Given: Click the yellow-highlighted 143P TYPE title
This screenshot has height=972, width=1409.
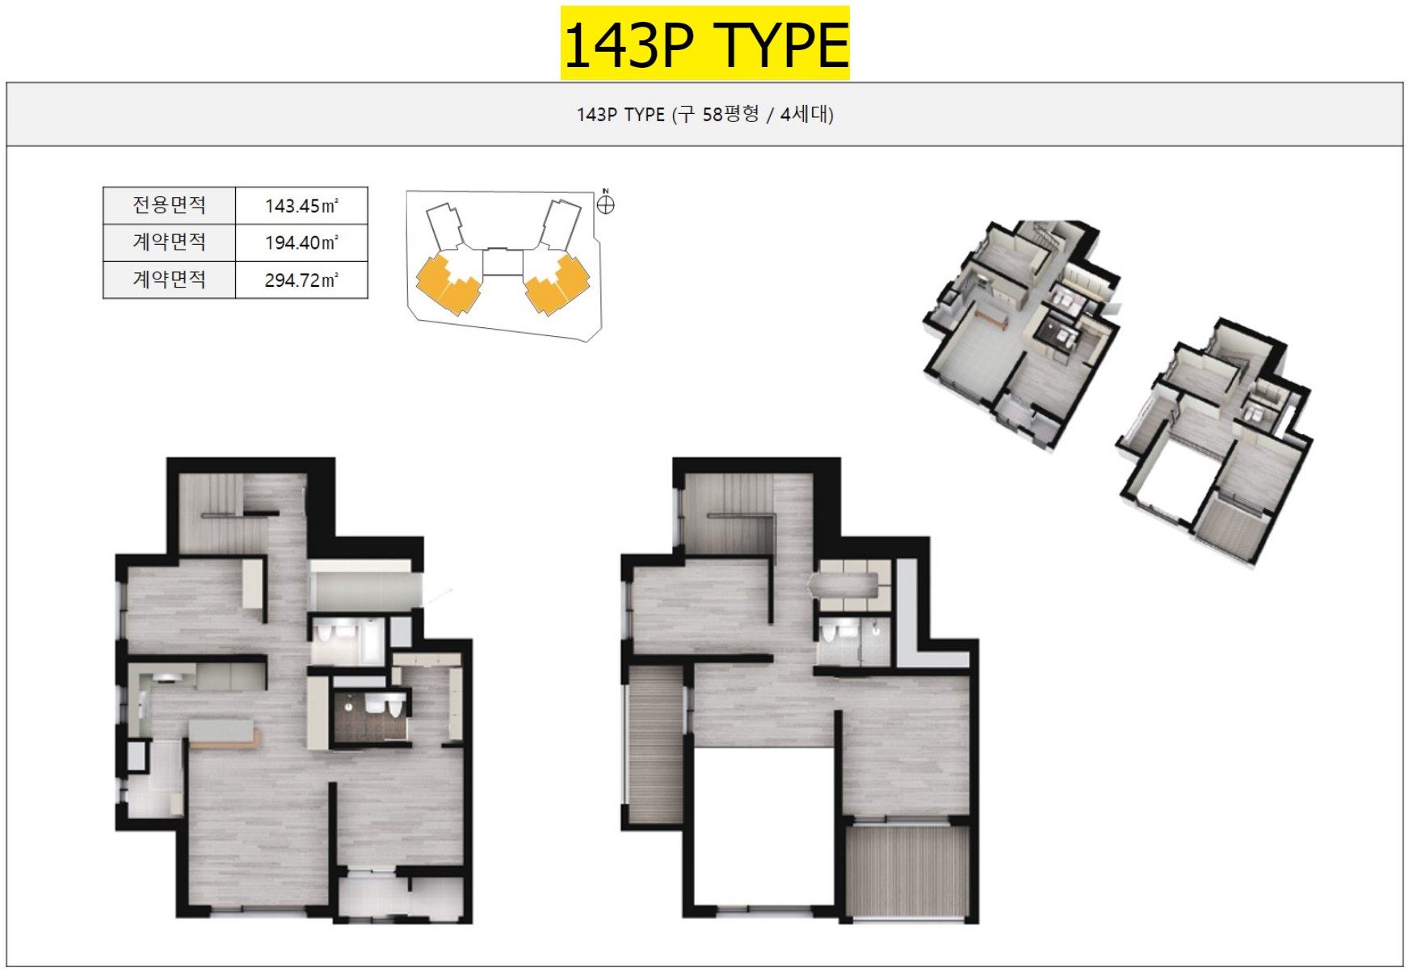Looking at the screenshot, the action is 704,43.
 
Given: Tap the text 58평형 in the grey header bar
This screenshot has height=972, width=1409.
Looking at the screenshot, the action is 730,114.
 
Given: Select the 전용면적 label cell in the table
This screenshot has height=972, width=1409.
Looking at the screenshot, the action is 169,205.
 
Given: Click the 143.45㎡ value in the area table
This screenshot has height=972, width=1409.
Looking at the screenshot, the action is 301,206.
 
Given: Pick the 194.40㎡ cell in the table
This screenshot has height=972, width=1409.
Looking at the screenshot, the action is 301,242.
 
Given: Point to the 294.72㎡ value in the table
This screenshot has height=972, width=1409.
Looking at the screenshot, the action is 301,280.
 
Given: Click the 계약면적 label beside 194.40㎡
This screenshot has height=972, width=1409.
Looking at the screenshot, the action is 169,242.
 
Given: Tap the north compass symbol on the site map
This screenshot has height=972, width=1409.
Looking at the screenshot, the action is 605,204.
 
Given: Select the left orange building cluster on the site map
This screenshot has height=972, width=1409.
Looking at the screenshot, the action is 449,283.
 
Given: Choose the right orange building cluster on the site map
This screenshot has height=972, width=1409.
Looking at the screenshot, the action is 557,283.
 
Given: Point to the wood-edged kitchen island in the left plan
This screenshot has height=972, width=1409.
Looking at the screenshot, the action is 224,733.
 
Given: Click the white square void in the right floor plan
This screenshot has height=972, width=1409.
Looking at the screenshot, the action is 763,827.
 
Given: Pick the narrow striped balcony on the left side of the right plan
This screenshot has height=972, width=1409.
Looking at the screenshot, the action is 655,745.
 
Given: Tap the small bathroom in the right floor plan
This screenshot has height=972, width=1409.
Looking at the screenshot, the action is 853,642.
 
